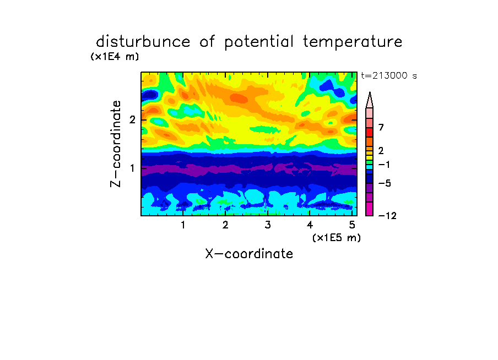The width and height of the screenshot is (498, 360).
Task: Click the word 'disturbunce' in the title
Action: [x=143, y=42]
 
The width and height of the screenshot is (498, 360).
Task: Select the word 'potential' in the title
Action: [x=259, y=42]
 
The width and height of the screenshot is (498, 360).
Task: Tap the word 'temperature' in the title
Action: [x=353, y=42]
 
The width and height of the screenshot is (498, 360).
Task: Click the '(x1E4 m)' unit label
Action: [x=115, y=57]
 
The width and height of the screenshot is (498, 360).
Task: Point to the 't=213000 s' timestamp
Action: [x=389, y=75]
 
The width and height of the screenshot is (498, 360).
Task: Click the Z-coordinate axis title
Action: [x=116, y=144]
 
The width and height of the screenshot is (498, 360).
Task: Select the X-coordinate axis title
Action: [x=249, y=254]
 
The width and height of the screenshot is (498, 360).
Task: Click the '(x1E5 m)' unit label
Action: [x=337, y=237]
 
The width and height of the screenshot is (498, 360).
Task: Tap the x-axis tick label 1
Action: [x=183, y=225]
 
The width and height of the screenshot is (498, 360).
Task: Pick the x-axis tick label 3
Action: [x=268, y=225]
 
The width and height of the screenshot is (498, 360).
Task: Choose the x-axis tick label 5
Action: [x=352, y=225]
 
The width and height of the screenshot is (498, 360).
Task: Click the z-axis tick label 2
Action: [x=132, y=120]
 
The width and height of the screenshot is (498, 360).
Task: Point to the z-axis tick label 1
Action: [x=132, y=168]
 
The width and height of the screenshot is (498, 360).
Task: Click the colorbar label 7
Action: [x=381, y=127]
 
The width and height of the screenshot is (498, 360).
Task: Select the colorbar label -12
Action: [x=387, y=216]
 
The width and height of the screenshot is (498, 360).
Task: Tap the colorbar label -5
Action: [x=385, y=183]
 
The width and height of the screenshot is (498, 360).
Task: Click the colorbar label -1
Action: [x=384, y=165]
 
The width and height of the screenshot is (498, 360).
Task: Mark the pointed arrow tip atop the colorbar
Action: [x=370, y=92]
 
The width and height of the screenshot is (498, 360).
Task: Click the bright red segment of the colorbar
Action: [x=370, y=132]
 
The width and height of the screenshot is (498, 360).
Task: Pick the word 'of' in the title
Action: [x=207, y=42]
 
